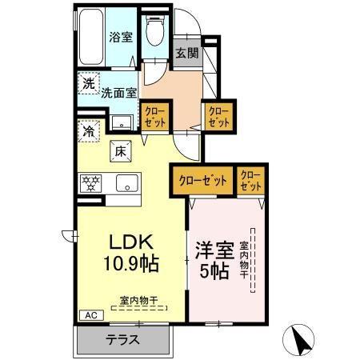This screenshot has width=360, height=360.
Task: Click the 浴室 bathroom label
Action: pos(121,37)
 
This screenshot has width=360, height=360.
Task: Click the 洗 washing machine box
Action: pos(87,83)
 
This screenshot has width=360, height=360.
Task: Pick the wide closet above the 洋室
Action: pos(201,181)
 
